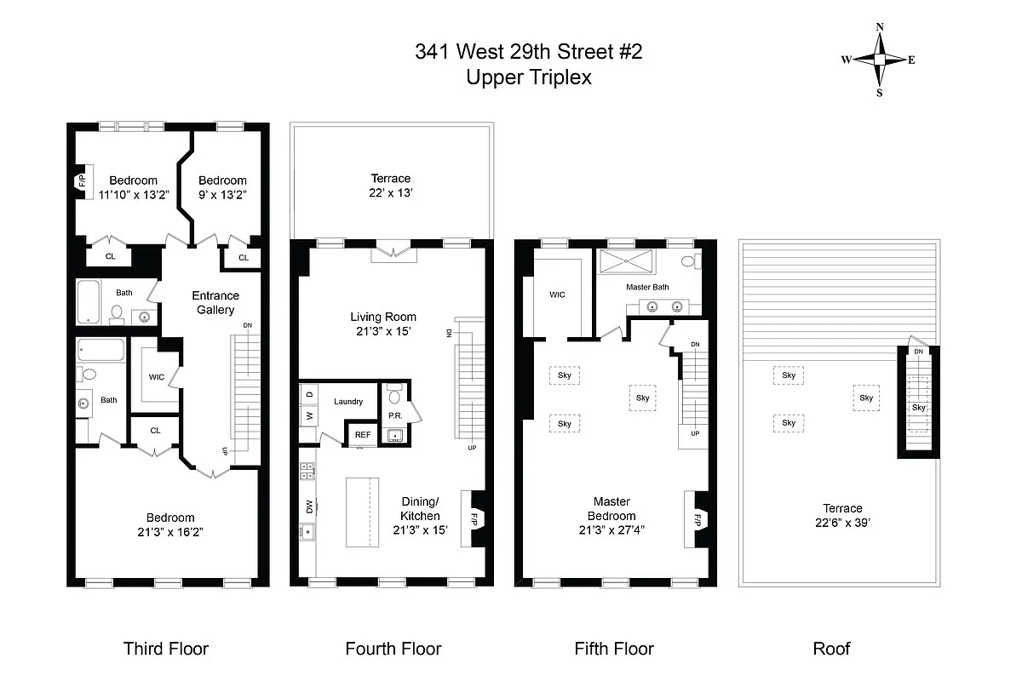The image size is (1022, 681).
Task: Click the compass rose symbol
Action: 879,60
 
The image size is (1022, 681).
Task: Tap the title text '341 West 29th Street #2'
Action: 528,52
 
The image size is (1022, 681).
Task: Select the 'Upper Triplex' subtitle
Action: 528,77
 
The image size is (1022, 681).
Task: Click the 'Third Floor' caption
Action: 166,649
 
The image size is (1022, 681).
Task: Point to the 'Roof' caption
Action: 831,649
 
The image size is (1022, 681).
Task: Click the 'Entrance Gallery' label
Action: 215,303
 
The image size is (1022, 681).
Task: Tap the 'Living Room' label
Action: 383,317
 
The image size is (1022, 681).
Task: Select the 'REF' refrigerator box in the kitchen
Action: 363,435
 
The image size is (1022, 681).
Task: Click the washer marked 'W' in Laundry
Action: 307,416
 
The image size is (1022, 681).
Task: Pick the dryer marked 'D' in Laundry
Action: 307,393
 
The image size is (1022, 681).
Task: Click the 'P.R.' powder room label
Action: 394,416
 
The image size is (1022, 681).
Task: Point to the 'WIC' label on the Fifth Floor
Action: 557,295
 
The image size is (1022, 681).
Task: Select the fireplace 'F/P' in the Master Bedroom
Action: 697,519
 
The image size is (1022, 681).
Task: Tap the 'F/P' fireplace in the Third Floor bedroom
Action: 82,181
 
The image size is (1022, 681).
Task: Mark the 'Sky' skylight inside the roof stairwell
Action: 918,407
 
